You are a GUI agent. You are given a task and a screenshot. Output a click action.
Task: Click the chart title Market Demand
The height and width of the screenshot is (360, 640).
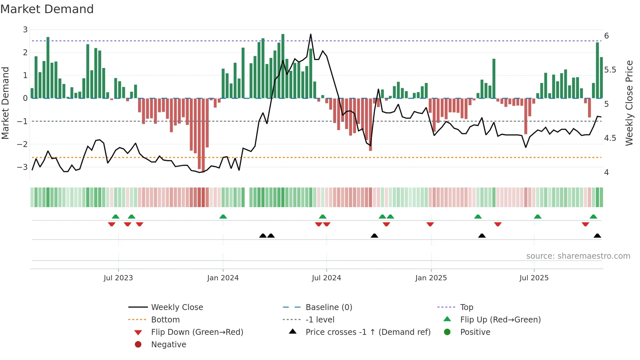[47, 9]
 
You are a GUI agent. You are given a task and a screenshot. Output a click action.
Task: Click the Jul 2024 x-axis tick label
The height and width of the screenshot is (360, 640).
[326, 278]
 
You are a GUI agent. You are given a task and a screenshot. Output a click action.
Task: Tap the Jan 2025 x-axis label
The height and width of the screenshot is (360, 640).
[431, 278]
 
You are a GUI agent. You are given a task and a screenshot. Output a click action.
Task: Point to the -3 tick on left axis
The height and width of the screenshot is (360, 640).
[23, 167]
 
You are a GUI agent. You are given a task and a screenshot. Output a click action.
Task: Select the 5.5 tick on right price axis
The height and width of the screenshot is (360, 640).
[610, 70]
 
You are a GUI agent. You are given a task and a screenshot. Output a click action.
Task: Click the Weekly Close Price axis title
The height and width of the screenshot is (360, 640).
[629, 103]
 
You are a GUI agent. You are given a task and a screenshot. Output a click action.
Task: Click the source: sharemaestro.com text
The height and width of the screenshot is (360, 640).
[578, 256]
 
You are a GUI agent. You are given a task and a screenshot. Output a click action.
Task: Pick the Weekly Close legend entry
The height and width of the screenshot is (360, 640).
[177, 307]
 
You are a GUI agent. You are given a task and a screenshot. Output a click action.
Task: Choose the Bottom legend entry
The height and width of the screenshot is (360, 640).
[165, 320]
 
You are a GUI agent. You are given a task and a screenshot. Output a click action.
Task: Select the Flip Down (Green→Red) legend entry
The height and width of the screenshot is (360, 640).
[197, 332]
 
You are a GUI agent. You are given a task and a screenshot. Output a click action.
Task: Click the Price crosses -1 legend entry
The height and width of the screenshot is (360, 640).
[368, 332]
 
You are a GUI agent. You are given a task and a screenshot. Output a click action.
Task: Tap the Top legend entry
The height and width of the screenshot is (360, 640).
[467, 307]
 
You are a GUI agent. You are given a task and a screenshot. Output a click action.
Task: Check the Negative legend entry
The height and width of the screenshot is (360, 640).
[168, 345]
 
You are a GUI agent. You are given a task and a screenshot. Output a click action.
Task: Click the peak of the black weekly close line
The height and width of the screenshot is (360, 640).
[311, 34]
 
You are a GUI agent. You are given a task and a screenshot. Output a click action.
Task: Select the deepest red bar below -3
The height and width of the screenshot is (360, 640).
[203, 170]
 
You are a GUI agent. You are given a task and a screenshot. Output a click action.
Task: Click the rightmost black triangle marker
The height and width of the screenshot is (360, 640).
[597, 236]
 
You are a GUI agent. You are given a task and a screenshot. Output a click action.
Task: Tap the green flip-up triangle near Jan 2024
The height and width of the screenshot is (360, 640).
[223, 217]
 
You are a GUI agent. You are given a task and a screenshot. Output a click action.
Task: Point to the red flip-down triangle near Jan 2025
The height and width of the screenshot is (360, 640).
[430, 224]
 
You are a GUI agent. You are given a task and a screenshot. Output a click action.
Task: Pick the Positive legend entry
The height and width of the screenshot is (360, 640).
[475, 332]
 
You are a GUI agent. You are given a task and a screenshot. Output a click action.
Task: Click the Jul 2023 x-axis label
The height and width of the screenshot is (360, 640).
[118, 278]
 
